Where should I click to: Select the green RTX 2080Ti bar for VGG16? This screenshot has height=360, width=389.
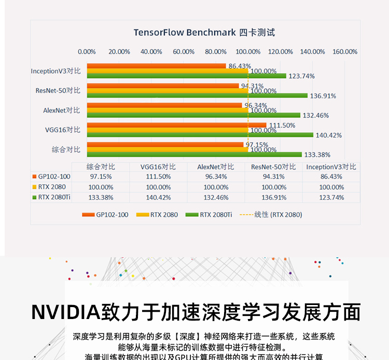point(200,135)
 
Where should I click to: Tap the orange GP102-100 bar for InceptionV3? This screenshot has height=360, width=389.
point(156,66)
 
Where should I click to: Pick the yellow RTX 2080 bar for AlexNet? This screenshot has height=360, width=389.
point(168,110)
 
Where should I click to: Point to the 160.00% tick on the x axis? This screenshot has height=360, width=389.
point(345,52)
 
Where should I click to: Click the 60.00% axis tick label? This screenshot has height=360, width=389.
point(184,52)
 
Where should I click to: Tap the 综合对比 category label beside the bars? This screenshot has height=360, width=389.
point(66,149)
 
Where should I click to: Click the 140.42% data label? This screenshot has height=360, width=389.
point(329,135)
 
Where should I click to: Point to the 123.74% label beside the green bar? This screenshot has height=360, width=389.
point(302,76)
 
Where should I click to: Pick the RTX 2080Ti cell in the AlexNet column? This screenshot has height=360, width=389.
point(216,198)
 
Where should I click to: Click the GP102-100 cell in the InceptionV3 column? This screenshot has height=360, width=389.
point(331,177)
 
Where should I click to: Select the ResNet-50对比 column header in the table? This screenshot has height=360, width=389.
point(273,167)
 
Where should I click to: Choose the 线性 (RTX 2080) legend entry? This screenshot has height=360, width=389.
point(278,215)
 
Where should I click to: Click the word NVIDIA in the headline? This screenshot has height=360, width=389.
point(66,312)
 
